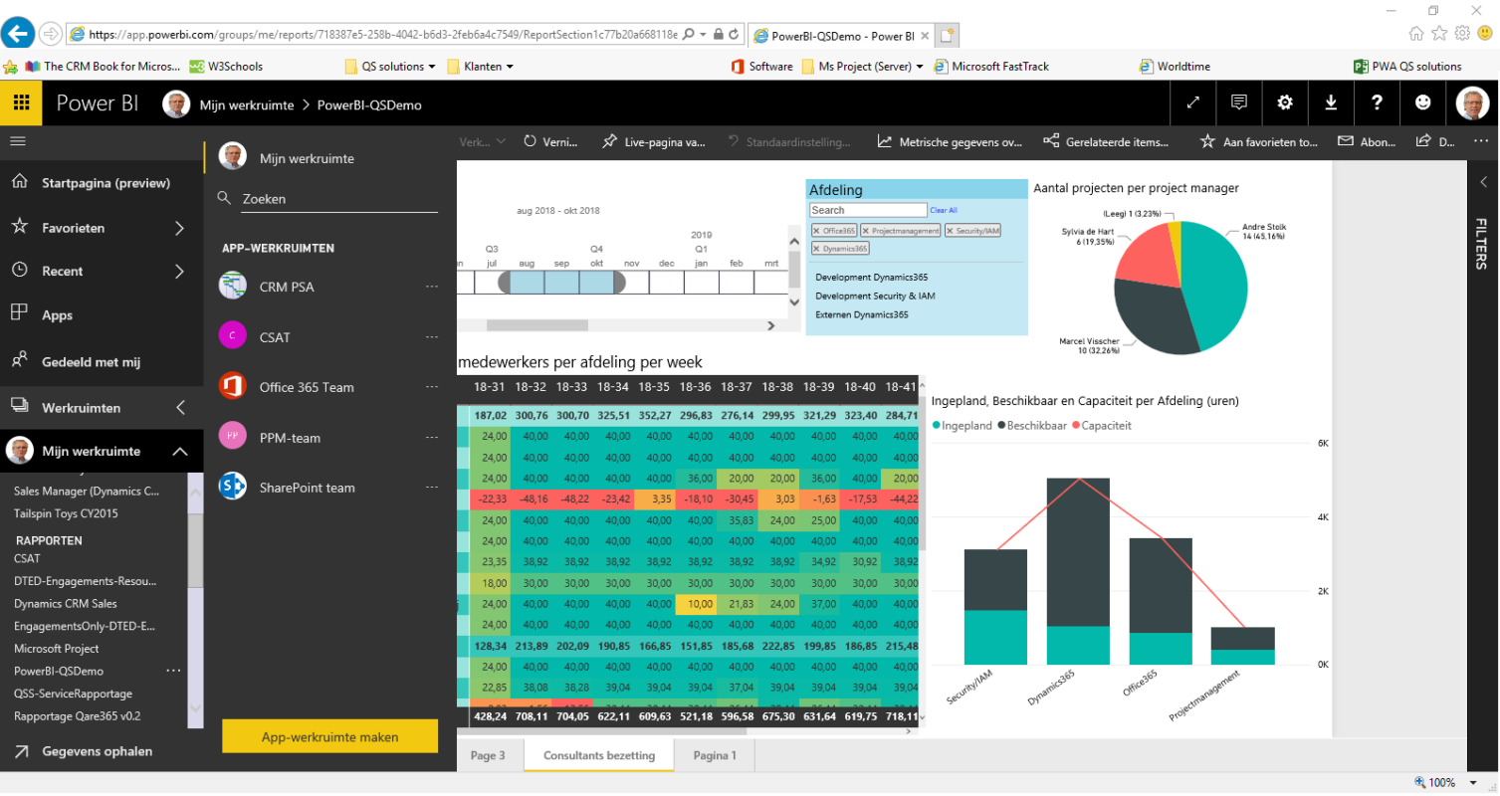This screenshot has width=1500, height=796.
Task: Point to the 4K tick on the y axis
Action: coord(1324,517)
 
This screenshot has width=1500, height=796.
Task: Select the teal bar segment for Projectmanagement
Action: coord(1242,657)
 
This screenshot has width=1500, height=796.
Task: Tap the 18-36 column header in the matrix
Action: coord(695,386)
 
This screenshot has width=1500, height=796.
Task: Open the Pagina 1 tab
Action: coord(715,755)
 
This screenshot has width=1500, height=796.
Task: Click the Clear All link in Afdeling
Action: coord(943,210)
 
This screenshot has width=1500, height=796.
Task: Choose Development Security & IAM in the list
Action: coord(875,296)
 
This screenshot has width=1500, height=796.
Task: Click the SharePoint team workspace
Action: coord(307,488)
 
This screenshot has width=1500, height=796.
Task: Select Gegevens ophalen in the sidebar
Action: coord(97,751)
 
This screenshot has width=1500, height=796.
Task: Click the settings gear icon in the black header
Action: coord(1285,102)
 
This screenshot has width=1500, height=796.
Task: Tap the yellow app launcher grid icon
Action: coord(21,102)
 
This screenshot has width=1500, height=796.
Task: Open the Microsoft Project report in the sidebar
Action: coord(56,649)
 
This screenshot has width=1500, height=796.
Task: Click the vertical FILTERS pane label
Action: coord(1481,243)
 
